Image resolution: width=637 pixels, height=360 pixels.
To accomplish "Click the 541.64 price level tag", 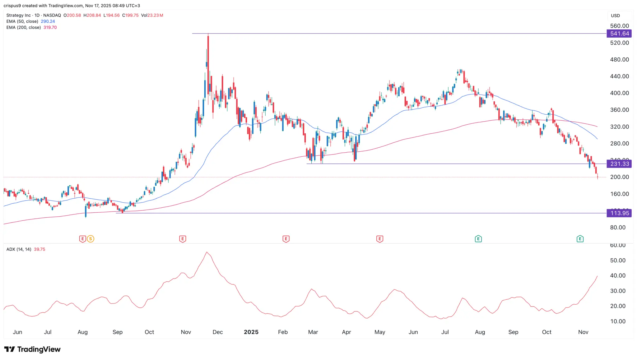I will coord(619,34).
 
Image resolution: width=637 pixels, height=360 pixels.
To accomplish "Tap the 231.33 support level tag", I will coord(619,164).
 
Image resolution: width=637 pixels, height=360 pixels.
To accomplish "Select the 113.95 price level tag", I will coord(619,213).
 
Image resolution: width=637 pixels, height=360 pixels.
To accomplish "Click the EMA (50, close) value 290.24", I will coord(48,21).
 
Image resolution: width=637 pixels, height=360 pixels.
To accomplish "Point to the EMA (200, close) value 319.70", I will coord(50,27).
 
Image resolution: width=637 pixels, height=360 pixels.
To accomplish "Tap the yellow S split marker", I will coord(91,239).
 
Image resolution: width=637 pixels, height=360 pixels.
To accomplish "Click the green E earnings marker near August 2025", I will coord(478,239).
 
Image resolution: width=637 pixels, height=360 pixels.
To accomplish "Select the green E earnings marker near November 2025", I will coord(580,239).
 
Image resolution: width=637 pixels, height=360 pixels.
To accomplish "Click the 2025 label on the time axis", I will coord(251,332).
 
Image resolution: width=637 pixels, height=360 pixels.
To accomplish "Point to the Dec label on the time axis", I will coord(218,332).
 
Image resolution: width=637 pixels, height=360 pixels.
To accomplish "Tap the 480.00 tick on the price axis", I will coord(619,59).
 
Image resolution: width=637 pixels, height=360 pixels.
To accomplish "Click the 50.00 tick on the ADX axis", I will coord(618,261).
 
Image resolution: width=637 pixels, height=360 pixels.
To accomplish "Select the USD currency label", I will coord(615,16).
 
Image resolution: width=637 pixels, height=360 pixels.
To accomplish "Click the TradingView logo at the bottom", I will coord(32,349).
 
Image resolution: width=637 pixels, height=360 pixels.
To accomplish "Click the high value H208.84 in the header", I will coord(92,15).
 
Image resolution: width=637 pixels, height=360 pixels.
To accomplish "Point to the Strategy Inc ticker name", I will coord(19,15).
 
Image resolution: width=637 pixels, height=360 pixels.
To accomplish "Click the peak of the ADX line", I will coord(207,252).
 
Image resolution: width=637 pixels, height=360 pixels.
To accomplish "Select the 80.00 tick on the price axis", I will coord(618,228).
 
